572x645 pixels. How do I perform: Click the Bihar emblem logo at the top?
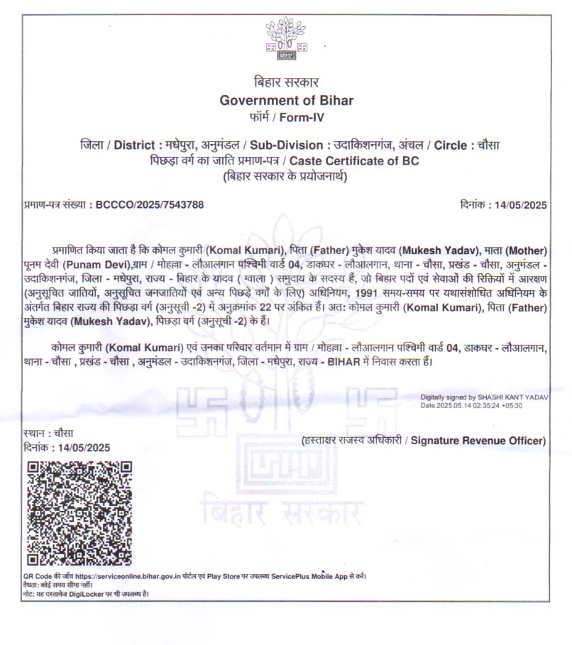tap(286, 40)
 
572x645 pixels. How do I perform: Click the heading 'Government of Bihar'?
tap(286, 100)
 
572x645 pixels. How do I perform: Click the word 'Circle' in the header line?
tap(449, 145)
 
